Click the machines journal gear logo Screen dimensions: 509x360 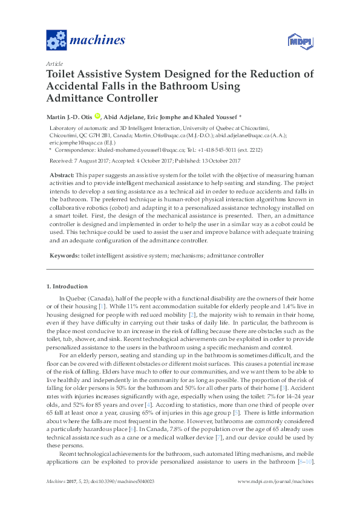(x=56, y=41)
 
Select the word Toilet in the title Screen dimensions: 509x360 (x=64, y=75)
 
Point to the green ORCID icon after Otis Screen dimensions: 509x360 (x=97, y=117)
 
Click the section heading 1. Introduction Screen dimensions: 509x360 (x=67, y=286)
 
